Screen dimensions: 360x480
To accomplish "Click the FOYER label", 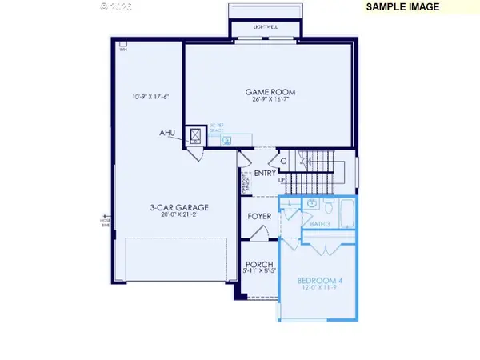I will point(259,216).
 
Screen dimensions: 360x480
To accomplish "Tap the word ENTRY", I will point(265,174).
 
